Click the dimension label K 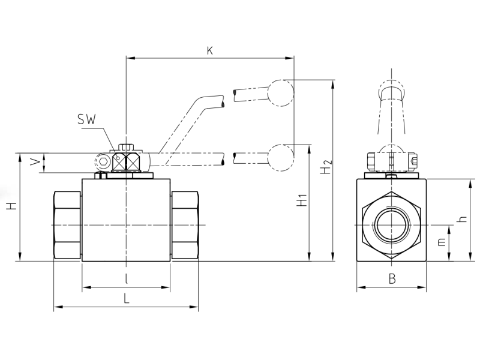click(209, 50)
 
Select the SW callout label click(86, 119)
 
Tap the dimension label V click(35, 162)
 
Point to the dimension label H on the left click(11, 206)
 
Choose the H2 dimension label click(326, 167)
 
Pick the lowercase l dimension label click(127, 279)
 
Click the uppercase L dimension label click(127, 298)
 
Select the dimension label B click(392, 279)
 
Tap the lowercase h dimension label click(463, 218)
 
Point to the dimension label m click(441, 242)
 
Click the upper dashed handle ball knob click(281, 93)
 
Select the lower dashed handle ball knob click(281, 158)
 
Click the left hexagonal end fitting click(68, 226)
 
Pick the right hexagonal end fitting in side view click(185, 226)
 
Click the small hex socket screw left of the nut click(103, 161)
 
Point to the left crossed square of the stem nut click(119, 161)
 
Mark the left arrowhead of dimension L click(58, 307)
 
